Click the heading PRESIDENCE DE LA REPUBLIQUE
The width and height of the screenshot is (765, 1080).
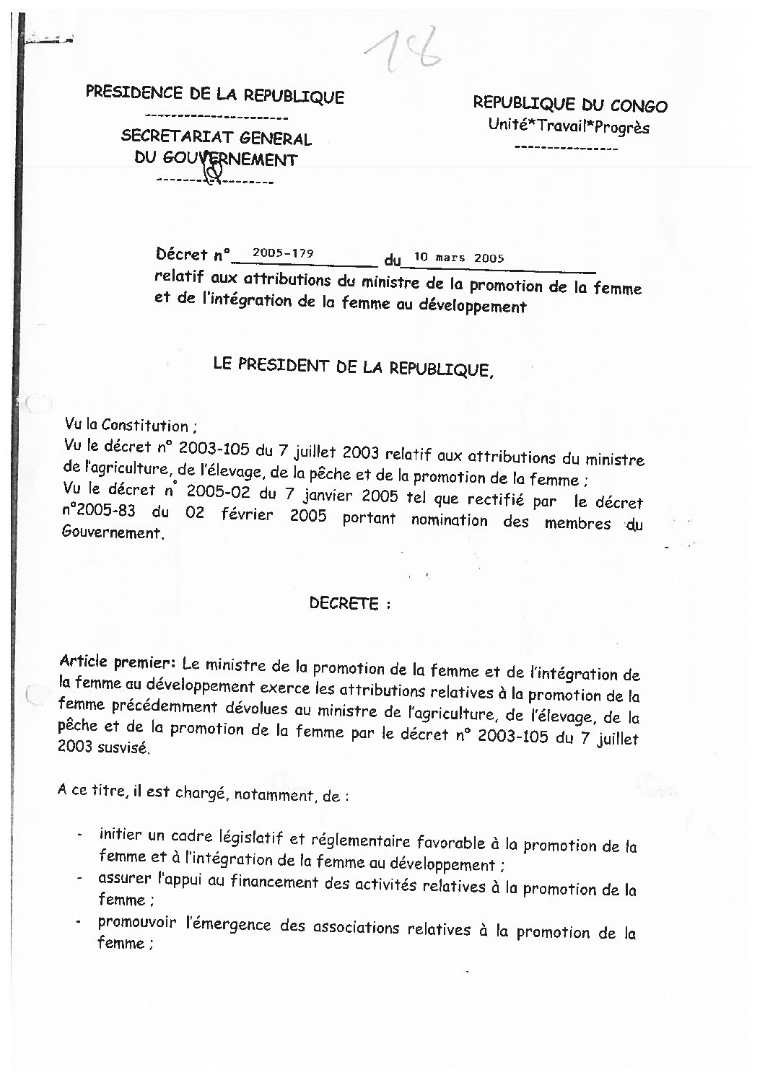pos(215,95)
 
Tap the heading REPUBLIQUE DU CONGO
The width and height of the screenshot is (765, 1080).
pos(570,105)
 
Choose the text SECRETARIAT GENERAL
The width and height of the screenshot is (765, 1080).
pos(217,137)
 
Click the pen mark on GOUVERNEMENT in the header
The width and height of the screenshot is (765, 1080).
pos(214,170)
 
